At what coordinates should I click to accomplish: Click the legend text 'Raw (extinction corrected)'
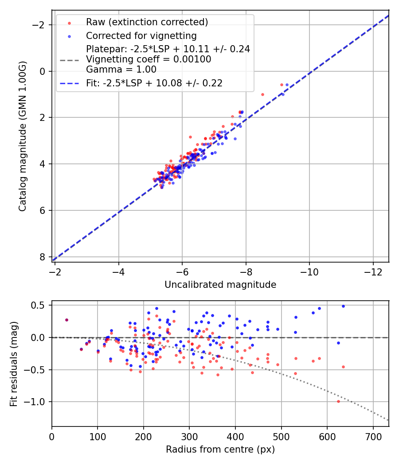click(147, 22)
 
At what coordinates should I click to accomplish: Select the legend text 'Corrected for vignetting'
click(141, 35)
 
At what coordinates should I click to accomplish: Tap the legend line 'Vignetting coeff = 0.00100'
click(149, 59)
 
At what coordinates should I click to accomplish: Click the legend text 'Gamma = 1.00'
click(121, 70)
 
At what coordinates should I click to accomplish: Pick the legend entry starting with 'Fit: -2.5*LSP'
click(154, 83)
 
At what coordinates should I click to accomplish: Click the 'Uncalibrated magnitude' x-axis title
click(220, 285)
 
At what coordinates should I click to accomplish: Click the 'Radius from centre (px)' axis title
click(220, 449)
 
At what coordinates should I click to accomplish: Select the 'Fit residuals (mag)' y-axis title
click(14, 364)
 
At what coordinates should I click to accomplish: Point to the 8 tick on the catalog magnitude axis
click(42, 257)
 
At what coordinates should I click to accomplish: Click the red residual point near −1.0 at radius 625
click(338, 401)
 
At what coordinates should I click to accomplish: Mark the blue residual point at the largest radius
click(343, 306)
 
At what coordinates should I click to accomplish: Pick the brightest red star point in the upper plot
click(282, 85)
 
